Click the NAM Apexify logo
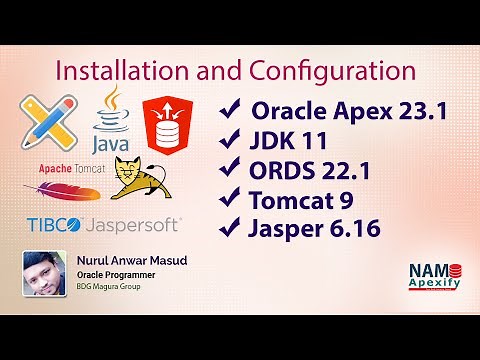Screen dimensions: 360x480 pos(433,277)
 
